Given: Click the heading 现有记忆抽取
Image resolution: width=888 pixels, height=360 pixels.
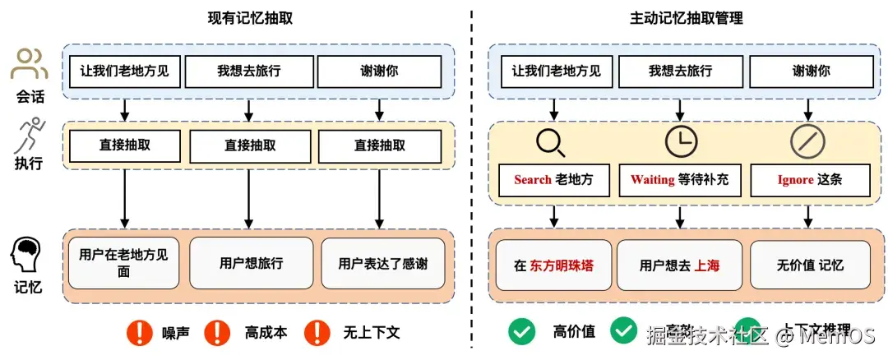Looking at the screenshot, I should (251, 18).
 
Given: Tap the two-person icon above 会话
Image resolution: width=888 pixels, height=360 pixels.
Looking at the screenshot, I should (30, 64).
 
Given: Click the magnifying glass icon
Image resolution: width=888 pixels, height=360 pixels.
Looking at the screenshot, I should (550, 142).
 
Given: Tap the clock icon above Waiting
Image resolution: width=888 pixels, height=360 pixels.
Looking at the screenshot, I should (680, 141).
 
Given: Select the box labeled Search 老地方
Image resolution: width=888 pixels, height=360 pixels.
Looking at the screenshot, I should (554, 179).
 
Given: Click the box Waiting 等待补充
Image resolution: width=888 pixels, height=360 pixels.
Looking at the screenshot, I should (680, 179).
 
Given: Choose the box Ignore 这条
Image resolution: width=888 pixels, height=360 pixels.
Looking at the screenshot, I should (810, 179).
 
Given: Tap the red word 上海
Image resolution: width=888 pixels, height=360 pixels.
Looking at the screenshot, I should (706, 265).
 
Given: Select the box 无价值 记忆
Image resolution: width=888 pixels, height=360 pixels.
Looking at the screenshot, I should (810, 265).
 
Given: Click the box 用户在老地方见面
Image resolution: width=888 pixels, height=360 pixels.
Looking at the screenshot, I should (123, 263).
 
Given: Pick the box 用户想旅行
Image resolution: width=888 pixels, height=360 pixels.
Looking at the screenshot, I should (251, 263).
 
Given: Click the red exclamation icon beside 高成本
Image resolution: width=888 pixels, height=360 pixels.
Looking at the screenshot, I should (217, 332).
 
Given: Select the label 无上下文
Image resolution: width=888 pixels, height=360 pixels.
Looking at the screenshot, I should (371, 332).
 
